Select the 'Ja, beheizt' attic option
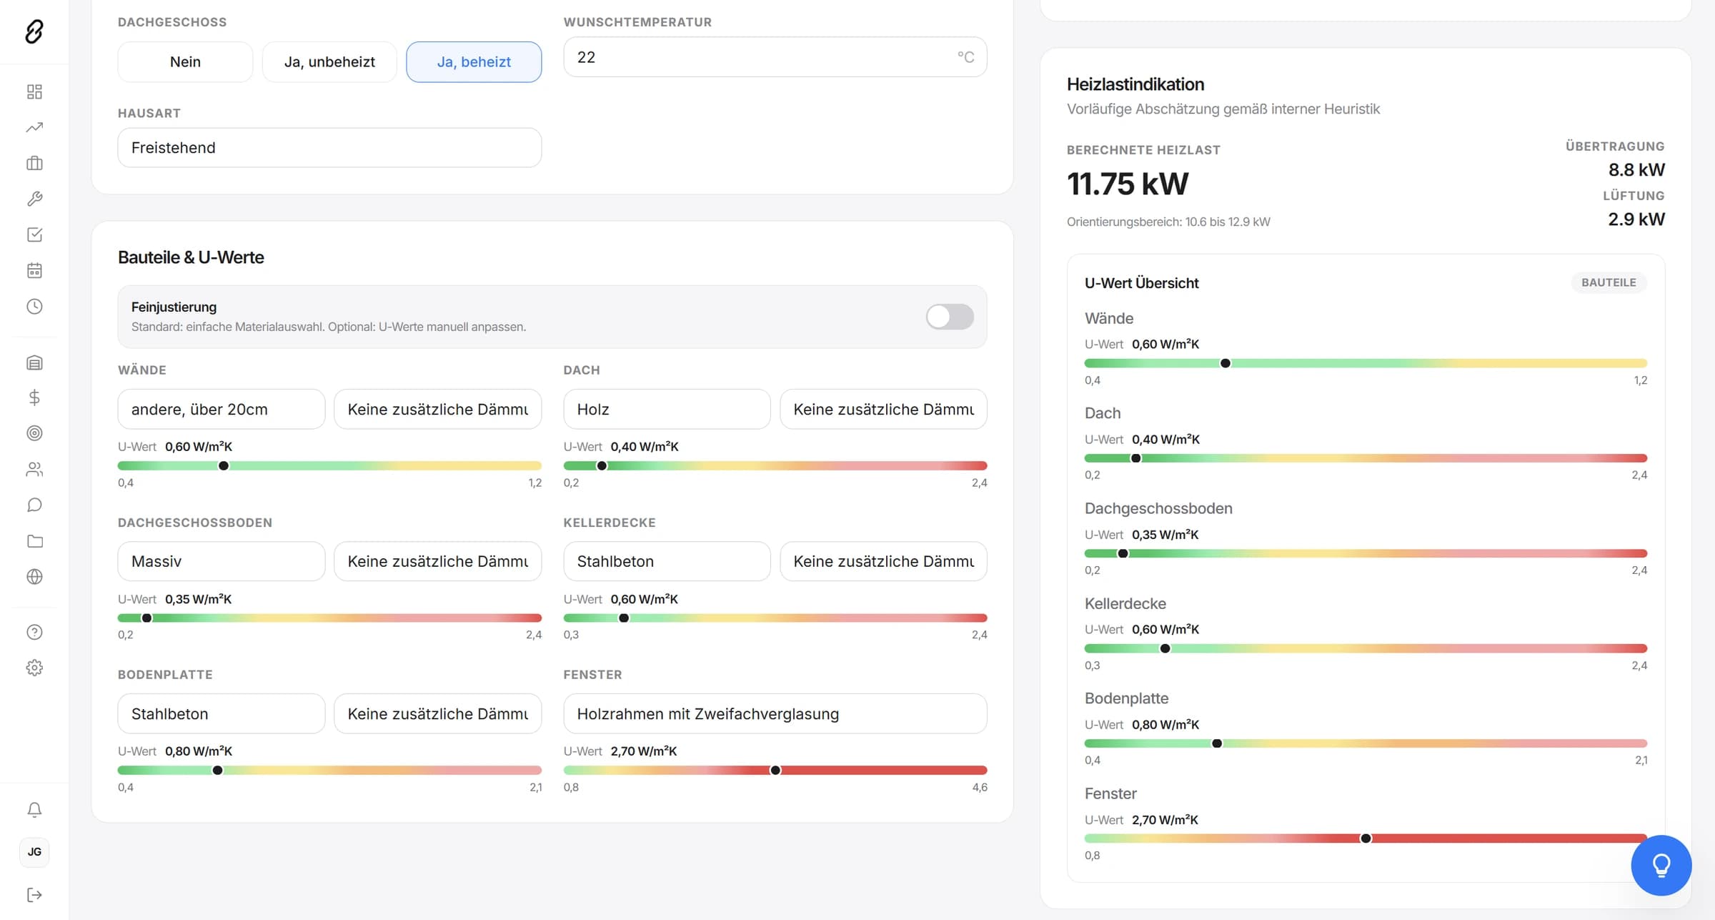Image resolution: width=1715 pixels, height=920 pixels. (474, 62)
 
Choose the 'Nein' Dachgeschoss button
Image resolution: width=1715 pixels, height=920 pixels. (185, 62)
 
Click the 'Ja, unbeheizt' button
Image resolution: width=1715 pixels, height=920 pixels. (329, 62)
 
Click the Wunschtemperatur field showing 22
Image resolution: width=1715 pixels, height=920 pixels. (775, 57)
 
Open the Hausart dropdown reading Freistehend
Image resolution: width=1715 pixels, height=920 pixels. (329, 148)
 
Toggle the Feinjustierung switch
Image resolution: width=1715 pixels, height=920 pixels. (950, 317)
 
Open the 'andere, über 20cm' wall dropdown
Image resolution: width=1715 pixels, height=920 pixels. (222, 410)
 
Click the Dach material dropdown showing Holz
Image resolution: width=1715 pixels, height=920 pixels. (667, 410)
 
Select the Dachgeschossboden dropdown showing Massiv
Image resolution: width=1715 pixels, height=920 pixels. (222, 562)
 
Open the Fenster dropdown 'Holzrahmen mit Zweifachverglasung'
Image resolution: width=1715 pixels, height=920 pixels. (775, 714)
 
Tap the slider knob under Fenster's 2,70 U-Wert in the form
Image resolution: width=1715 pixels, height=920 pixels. (775, 771)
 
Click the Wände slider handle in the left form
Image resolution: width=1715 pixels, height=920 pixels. (224, 466)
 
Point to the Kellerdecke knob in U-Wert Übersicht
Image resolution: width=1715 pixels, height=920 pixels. (1165, 649)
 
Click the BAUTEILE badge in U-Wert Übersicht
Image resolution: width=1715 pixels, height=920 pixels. (1609, 283)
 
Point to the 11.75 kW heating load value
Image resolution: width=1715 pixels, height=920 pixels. (1128, 184)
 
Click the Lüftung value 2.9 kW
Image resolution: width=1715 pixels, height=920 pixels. (1636, 219)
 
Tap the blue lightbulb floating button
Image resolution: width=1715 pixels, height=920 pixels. (1661, 866)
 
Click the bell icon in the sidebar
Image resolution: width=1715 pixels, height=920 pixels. (34, 809)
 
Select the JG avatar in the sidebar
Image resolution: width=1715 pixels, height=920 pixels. (34, 852)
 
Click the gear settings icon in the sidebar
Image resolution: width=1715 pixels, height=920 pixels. (34, 668)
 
